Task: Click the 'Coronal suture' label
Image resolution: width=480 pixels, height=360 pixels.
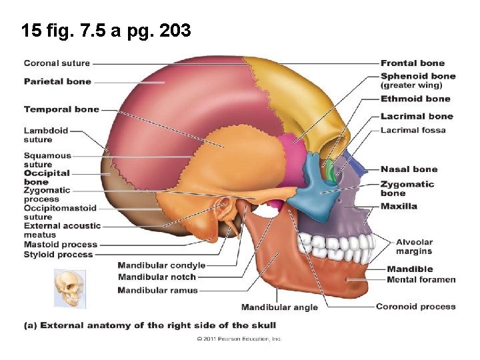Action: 57,63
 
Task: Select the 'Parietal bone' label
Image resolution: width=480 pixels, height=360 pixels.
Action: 57,81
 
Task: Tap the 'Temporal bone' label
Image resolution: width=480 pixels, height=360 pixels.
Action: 61,109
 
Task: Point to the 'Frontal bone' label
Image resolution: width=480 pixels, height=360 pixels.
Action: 413,63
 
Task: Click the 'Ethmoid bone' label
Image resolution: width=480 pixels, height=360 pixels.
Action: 415,99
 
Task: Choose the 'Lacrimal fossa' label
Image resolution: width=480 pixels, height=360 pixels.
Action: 413,130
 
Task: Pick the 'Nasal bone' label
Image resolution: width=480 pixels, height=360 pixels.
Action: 409,169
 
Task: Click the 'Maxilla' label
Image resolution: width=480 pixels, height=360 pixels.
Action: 399,206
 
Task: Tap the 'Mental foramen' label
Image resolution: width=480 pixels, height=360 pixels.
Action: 421,279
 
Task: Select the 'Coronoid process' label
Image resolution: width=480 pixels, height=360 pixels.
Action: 416,307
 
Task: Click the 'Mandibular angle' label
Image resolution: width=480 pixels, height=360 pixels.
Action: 279,307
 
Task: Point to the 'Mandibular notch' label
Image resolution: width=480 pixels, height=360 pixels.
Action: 157,277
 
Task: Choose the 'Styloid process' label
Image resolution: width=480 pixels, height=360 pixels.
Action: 59,254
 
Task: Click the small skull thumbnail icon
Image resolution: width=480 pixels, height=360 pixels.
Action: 70,288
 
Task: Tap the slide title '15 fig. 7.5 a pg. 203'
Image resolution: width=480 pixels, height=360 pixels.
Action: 106,31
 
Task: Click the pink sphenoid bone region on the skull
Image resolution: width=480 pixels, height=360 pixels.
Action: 287,149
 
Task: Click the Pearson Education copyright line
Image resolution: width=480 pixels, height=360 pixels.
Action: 239,339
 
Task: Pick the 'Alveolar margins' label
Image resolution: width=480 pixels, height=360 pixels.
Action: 414,247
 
